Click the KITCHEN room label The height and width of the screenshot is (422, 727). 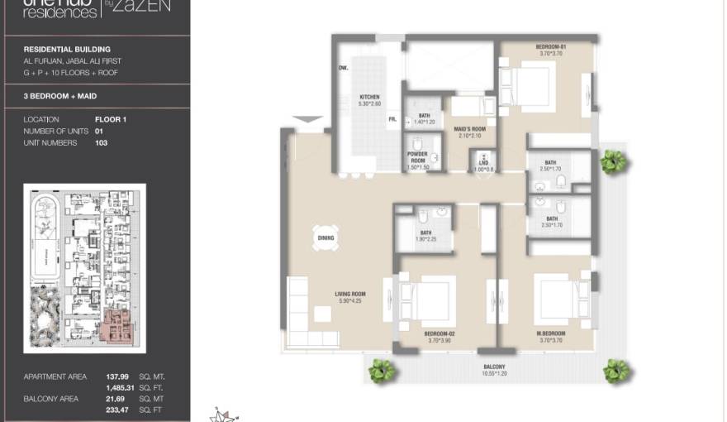pyautogui.click(x=369, y=97)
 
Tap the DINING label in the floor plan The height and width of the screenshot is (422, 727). pyautogui.click(x=325, y=238)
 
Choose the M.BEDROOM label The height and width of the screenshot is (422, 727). pyautogui.click(x=549, y=333)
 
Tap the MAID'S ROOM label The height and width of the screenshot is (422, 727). pyautogui.click(x=470, y=128)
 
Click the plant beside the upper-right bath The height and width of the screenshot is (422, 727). pyautogui.click(x=612, y=161)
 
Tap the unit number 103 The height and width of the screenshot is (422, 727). pyautogui.click(x=102, y=143)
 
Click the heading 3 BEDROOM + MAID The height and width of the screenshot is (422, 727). pyautogui.click(x=60, y=96)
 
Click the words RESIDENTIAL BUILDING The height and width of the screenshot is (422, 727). pyautogui.click(x=67, y=50)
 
